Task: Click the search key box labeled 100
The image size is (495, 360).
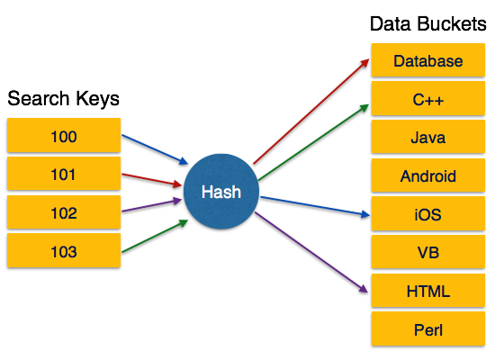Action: [63, 136]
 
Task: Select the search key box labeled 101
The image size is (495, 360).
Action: [63, 175]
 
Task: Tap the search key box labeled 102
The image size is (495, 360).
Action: [63, 213]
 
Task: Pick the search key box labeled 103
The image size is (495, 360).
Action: [63, 252]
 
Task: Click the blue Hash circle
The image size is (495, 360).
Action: [220, 192]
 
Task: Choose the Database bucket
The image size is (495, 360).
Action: [428, 61]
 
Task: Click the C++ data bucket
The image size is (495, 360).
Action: [428, 100]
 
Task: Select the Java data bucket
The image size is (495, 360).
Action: [428, 139]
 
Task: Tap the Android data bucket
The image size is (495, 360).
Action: [428, 176]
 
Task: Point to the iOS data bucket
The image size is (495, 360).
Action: [428, 215]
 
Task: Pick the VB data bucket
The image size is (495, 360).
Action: [428, 254]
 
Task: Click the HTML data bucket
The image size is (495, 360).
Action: [428, 292]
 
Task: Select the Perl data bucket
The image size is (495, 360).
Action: [428, 330]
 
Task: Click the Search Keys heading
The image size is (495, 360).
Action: [63, 97]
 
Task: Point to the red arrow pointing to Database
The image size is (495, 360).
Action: [310, 112]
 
